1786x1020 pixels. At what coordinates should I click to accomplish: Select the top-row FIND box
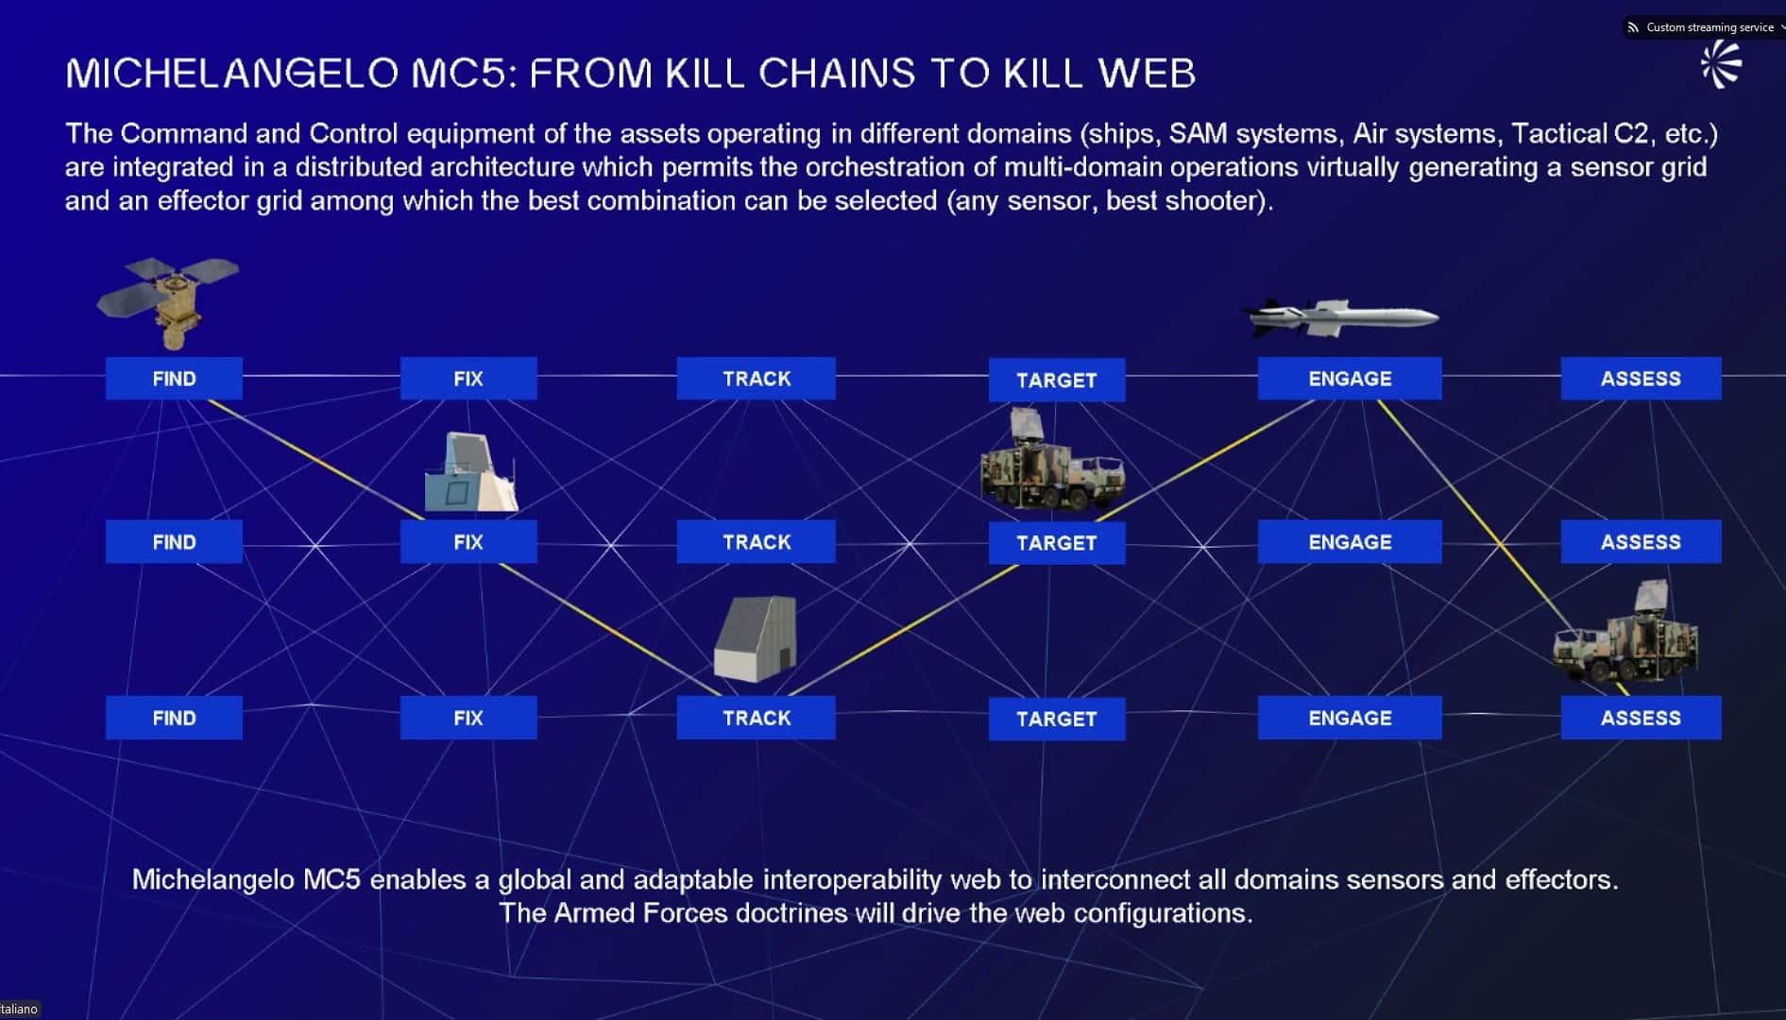pyautogui.click(x=174, y=379)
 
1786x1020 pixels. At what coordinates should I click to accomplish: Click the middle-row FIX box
pyautogui.click(x=468, y=542)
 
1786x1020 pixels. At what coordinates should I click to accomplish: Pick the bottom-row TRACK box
pyautogui.click(x=756, y=718)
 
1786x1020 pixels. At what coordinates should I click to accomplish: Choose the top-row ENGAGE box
pyautogui.click(x=1350, y=379)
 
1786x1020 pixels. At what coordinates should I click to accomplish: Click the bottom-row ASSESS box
pyautogui.click(x=1641, y=718)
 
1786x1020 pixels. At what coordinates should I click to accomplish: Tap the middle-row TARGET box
pyautogui.click(x=1056, y=543)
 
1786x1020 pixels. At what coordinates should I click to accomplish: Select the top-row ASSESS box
pyautogui.click(x=1641, y=379)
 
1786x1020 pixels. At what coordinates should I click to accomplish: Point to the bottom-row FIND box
pyautogui.click(x=174, y=718)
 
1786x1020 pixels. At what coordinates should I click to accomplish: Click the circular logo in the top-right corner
pyautogui.click(x=1721, y=65)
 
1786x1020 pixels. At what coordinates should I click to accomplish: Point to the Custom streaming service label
pyautogui.click(x=1709, y=27)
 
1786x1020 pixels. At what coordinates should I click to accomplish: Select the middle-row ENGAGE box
pyautogui.click(x=1350, y=542)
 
